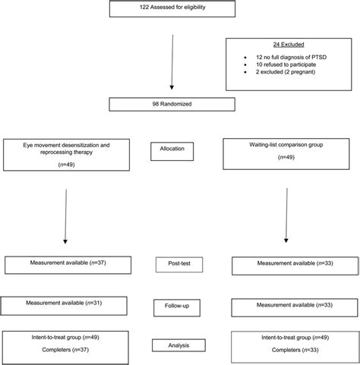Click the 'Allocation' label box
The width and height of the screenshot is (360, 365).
179,153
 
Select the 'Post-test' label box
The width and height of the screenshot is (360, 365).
179,265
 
